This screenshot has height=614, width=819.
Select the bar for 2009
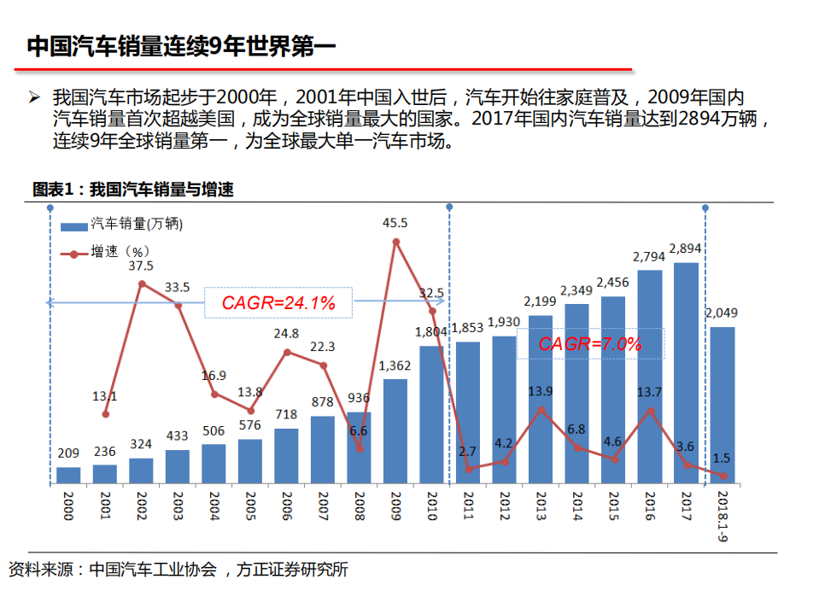395,432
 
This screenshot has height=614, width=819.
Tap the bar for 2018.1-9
722,406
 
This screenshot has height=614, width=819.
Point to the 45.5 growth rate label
395,223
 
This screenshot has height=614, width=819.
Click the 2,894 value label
686,249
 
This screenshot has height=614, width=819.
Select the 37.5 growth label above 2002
141,266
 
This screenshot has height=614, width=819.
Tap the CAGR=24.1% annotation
278,302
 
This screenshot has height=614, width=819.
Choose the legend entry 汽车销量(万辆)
137,225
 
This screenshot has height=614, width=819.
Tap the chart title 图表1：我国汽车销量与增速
132,190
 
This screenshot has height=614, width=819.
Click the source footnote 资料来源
178,570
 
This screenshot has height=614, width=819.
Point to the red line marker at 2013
541,410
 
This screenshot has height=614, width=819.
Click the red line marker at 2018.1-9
722,476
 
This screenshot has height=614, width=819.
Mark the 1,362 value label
395,366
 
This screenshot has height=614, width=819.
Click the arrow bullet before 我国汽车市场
35,96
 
